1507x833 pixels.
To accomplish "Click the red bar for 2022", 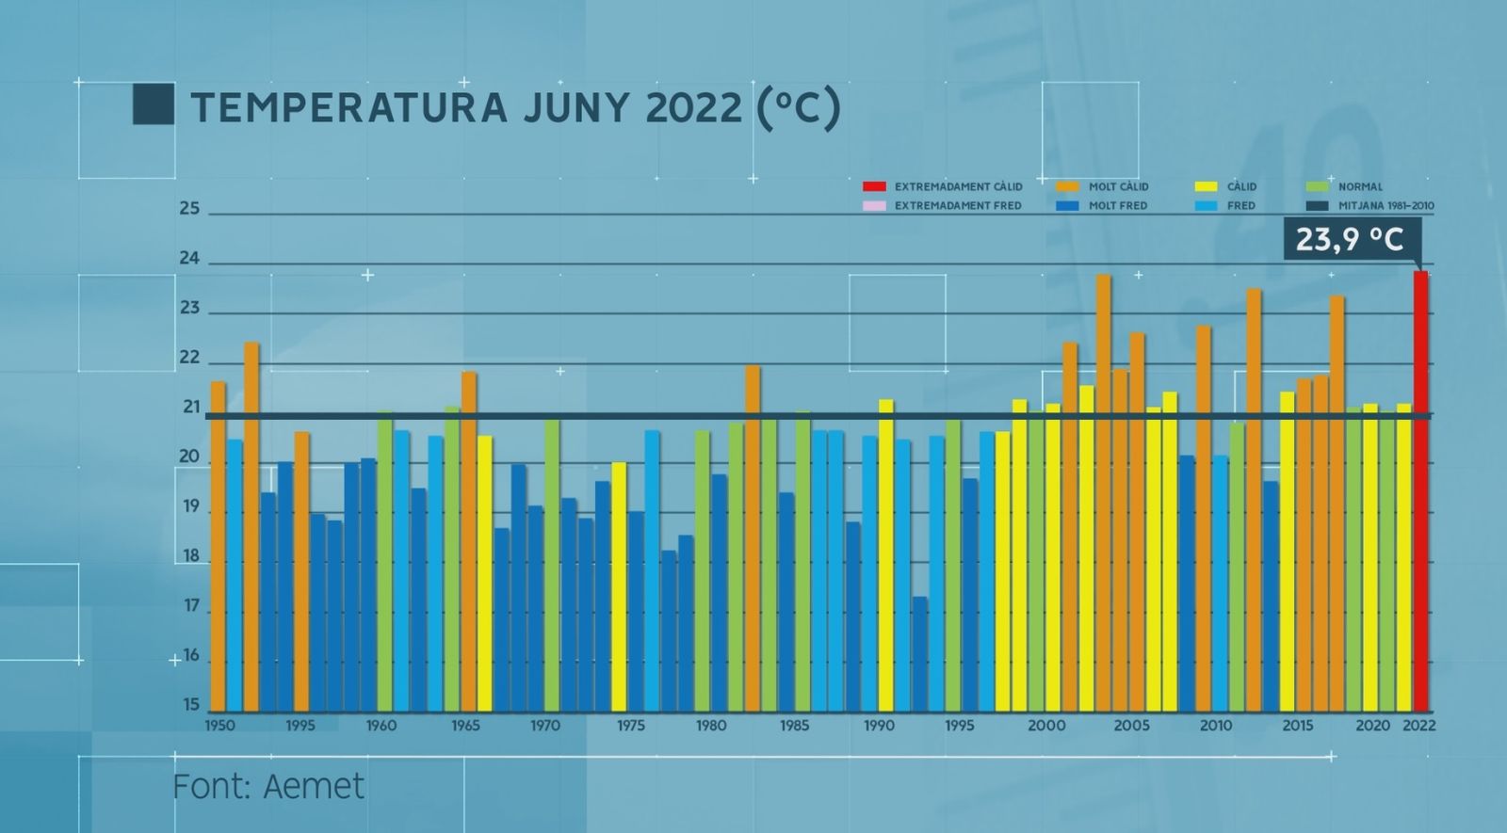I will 1420,489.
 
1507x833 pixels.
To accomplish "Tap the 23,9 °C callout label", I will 1351,239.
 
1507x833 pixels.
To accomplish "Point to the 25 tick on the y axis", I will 190,209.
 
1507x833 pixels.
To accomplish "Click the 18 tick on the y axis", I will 190,556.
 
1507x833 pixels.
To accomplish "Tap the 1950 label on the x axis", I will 220,726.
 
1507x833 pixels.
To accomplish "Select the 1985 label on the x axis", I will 794,726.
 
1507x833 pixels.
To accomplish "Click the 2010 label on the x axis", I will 1215,726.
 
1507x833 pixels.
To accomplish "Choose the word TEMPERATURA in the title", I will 349,107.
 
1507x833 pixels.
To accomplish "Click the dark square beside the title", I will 154,104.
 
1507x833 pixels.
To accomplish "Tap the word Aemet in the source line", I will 314,787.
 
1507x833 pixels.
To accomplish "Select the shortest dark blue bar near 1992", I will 919,654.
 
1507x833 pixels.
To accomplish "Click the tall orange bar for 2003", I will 1103,489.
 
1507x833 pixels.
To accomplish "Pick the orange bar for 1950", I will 218,546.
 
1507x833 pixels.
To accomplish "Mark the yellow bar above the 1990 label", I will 885,555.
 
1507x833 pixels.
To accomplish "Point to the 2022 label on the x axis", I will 1418,726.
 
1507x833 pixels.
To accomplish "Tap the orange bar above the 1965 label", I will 468,541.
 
